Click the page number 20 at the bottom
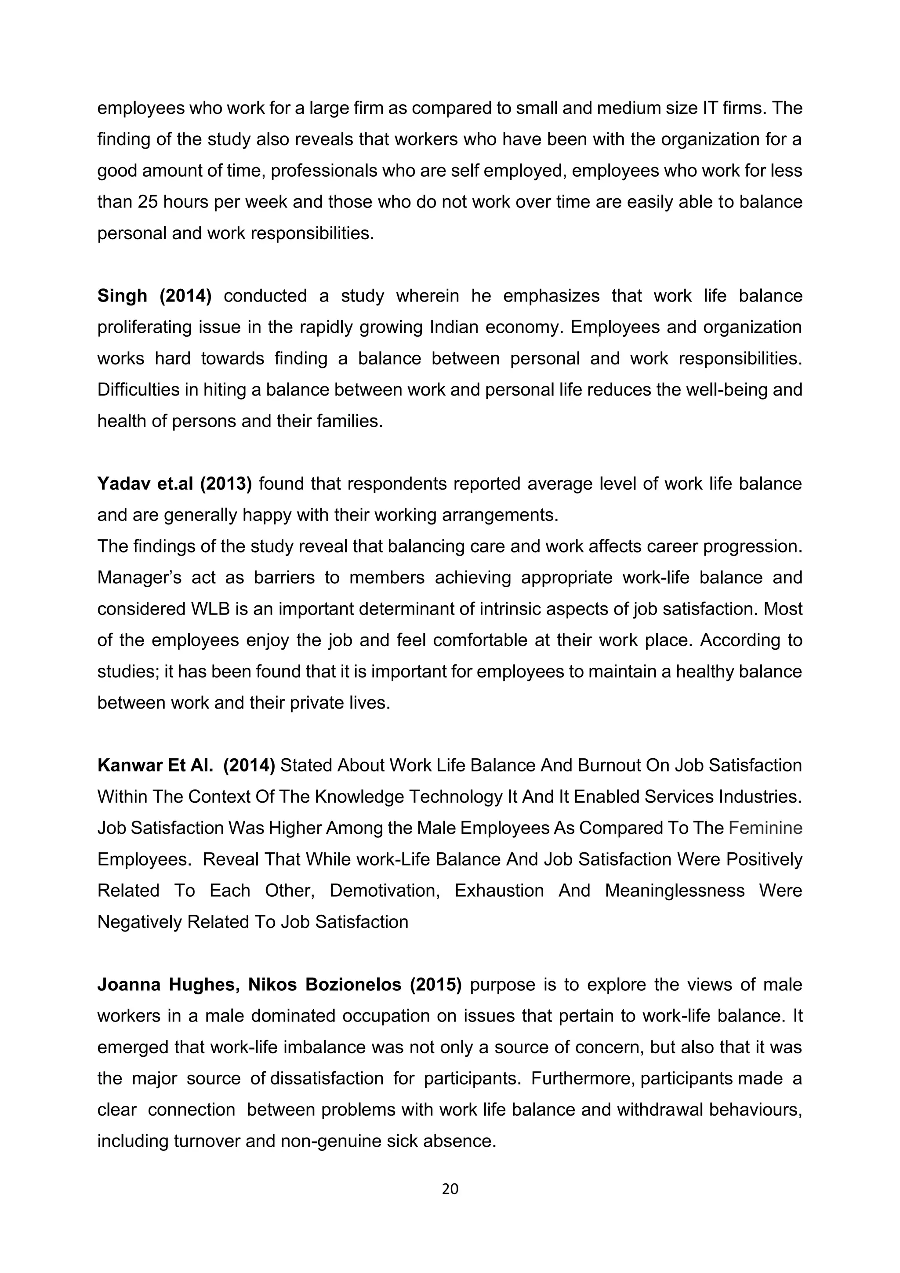click(x=450, y=1188)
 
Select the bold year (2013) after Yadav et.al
click(x=225, y=484)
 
